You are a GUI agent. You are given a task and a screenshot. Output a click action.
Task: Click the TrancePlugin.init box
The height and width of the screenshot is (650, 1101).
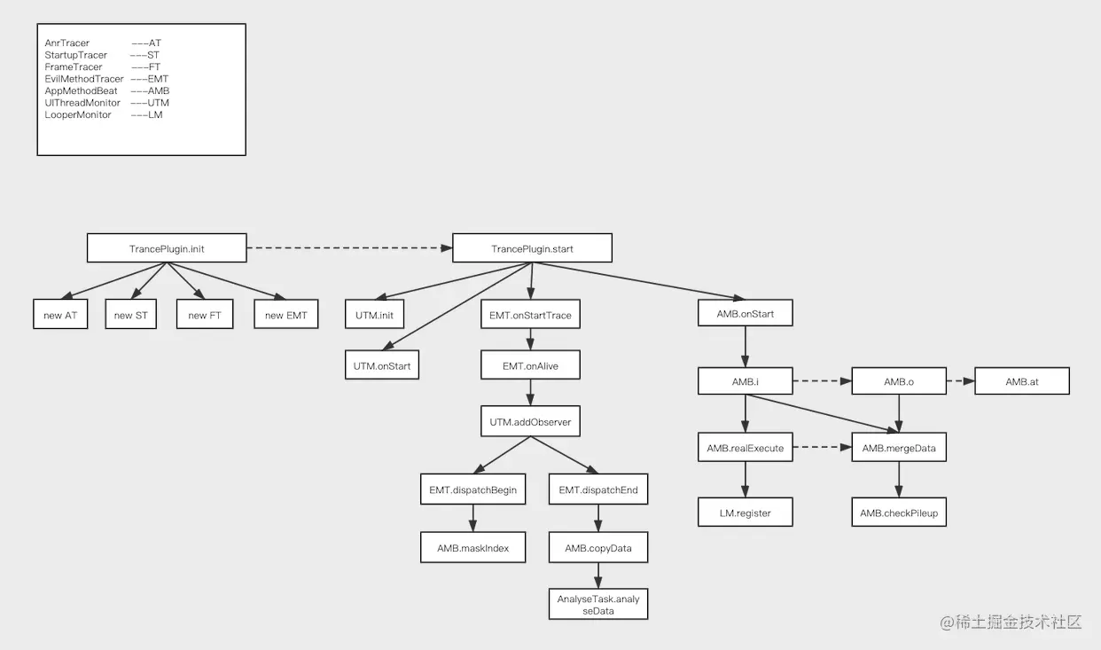click(x=167, y=248)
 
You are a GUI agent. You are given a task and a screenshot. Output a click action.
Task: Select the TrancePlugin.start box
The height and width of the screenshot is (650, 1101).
click(x=532, y=248)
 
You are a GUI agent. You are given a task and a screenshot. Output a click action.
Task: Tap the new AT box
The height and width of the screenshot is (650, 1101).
click(x=60, y=315)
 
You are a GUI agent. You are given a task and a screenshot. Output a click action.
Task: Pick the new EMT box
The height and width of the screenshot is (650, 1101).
click(x=285, y=315)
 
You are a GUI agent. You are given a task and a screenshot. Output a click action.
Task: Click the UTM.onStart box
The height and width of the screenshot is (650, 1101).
click(x=381, y=365)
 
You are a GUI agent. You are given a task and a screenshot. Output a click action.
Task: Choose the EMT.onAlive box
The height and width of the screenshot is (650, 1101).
click(x=531, y=365)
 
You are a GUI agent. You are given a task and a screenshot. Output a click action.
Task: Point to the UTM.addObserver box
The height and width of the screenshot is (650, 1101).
click(x=531, y=422)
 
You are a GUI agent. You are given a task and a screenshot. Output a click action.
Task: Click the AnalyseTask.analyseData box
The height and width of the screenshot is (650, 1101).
click(x=598, y=605)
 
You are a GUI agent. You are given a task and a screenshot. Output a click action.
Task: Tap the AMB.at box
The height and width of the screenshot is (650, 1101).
click(x=1022, y=381)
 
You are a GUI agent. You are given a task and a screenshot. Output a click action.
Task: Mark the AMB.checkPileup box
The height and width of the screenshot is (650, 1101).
click(x=899, y=513)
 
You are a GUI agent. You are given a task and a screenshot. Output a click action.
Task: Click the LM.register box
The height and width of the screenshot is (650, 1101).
click(x=746, y=513)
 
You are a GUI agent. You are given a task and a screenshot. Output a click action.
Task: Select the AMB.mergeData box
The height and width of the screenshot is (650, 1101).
click(x=899, y=448)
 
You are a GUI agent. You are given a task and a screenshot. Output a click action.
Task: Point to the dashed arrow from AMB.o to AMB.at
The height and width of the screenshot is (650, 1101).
click(x=961, y=381)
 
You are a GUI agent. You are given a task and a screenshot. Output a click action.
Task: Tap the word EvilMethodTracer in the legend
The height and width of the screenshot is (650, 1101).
click(x=84, y=79)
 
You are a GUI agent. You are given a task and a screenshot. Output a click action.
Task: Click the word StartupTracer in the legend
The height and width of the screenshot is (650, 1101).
click(x=76, y=55)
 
